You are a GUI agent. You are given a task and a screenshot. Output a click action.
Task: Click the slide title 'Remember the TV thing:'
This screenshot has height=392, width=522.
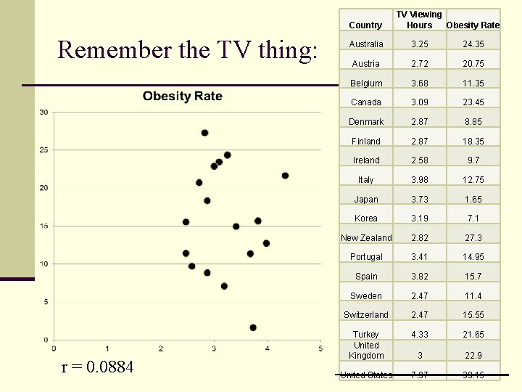pyautogui.click(x=187, y=50)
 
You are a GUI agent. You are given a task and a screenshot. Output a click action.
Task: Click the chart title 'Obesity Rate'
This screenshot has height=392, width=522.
pyautogui.click(x=182, y=97)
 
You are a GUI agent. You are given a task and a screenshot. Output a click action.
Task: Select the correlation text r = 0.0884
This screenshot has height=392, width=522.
pyautogui.click(x=98, y=367)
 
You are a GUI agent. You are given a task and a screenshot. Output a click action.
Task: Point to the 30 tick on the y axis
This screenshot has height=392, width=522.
pyautogui.click(x=44, y=112)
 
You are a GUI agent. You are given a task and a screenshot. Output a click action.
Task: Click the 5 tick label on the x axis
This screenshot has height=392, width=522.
pyautogui.click(x=320, y=349)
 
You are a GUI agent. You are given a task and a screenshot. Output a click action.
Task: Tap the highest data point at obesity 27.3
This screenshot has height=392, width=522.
pyautogui.click(x=204, y=133)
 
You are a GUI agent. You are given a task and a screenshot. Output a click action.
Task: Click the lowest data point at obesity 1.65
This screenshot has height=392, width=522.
pyautogui.click(x=253, y=327)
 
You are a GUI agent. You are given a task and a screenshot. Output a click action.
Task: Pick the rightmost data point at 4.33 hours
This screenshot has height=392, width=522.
pyautogui.click(x=285, y=176)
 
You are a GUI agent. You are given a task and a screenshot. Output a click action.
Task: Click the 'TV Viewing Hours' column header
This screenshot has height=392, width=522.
pyautogui.click(x=418, y=20)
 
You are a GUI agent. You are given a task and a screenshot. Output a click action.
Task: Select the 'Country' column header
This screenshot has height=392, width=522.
pyautogui.click(x=365, y=25)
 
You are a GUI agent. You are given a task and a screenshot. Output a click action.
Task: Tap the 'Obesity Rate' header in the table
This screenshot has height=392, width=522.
pyautogui.click(x=473, y=25)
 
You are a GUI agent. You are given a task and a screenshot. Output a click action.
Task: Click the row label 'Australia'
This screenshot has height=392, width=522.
pyautogui.click(x=366, y=44)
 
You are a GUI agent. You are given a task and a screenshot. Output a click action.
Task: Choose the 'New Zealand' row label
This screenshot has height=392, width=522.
pyautogui.click(x=366, y=238)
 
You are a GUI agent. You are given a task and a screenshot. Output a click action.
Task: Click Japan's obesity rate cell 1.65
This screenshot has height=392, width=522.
pyautogui.click(x=473, y=200)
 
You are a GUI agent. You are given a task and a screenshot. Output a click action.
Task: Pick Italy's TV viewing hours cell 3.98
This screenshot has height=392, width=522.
pyautogui.click(x=420, y=180)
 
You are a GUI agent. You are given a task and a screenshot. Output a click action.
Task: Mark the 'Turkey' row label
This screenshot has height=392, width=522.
pyautogui.click(x=366, y=335)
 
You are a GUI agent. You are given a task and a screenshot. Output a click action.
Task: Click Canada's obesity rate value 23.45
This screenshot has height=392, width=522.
pyautogui.click(x=473, y=102)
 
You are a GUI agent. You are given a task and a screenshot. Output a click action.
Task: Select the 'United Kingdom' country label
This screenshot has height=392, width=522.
pyautogui.click(x=366, y=351)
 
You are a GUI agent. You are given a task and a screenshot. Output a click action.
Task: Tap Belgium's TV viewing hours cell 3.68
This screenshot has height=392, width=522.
pyautogui.click(x=420, y=83)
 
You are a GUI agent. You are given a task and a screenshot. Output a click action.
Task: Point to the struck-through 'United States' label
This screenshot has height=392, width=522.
pyautogui.click(x=366, y=375)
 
